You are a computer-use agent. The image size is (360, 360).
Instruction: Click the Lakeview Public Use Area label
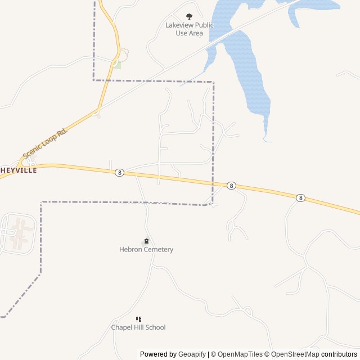tap(189, 29)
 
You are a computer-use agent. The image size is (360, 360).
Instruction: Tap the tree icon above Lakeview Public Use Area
tap(189, 16)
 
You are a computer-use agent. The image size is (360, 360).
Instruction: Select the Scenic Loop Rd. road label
tap(45, 143)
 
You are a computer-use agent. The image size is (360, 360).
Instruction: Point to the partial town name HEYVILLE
tap(19, 170)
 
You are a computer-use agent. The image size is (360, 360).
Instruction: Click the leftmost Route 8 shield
tap(119, 173)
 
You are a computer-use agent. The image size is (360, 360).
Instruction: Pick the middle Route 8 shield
tap(231, 186)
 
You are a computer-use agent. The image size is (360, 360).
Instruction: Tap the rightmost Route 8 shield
tap(301, 197)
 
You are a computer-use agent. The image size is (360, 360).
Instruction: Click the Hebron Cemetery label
tap(146, 249)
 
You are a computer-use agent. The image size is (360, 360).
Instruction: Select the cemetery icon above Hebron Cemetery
tap(146, 241)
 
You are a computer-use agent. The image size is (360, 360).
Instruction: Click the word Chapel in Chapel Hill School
tap(121, 327)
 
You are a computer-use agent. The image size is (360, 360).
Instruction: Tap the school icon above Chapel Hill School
tap(138, 319)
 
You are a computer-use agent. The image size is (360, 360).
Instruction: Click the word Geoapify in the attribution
tap(192, 354)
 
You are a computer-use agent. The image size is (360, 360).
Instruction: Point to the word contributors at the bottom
tap(339, 354)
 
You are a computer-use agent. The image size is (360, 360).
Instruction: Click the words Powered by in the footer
tap(158, 354)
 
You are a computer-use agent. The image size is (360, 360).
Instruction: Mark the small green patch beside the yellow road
tap(116, 65)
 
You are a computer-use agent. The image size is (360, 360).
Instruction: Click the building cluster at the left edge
tap(17, 232)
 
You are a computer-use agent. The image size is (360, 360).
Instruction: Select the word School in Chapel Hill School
tap(155, 327)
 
